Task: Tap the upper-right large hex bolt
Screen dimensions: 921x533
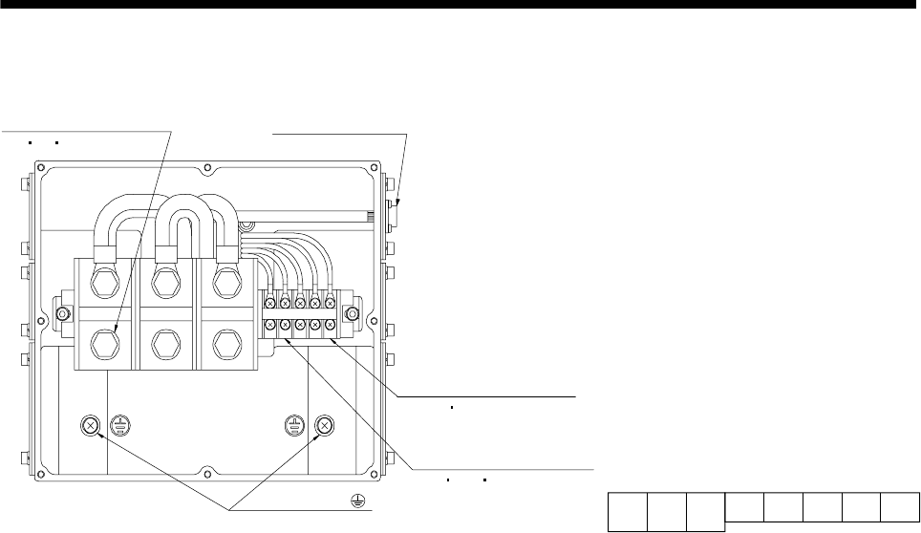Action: pos(225,284)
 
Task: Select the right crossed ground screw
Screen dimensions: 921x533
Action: pos(323,426)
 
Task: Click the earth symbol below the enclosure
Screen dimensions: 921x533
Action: pos(354,499)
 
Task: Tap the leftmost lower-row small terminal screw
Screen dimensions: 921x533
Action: pos(271,327)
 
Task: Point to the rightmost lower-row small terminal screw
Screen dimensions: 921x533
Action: pos(330,327)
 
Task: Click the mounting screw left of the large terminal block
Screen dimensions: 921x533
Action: pos(63,314)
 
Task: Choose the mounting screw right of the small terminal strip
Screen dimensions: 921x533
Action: pos(353,314)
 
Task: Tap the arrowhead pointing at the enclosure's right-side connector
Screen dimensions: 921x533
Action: pos(400,203)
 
